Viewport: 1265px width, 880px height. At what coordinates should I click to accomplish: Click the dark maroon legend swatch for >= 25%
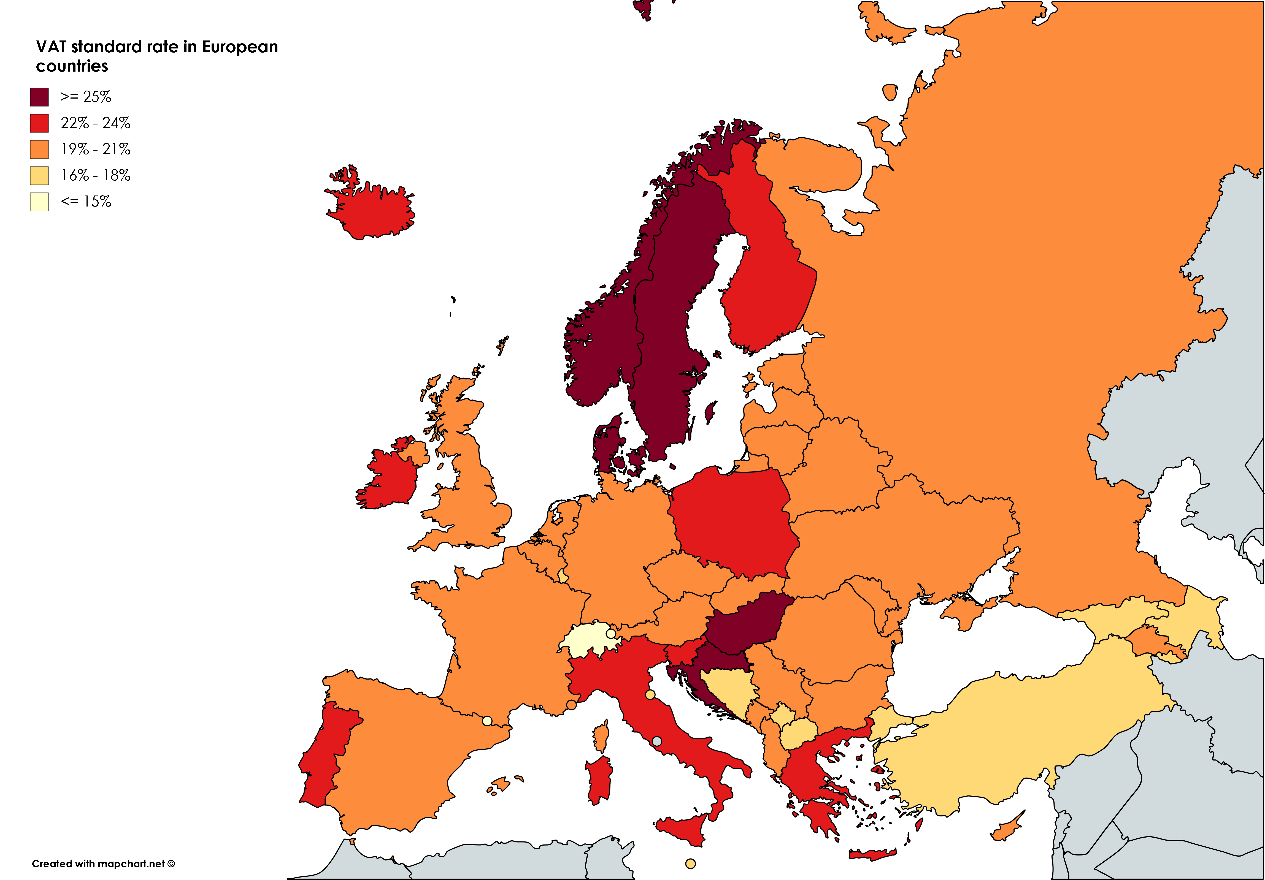coord(39,97)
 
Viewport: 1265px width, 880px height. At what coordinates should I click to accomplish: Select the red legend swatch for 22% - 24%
coord(39,123)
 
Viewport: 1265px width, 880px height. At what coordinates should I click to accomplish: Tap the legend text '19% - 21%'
coord(95,149)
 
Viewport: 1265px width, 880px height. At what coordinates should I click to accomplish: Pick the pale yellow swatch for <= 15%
coord(39,202)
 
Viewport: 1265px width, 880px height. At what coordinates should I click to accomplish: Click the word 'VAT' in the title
coord(51,47)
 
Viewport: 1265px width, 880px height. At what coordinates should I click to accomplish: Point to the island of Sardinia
coord(599,779)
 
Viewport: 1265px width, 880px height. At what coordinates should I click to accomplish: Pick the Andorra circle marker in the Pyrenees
coord(487,720)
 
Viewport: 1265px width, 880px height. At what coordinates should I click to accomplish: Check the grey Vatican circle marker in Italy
coord(657,741)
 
